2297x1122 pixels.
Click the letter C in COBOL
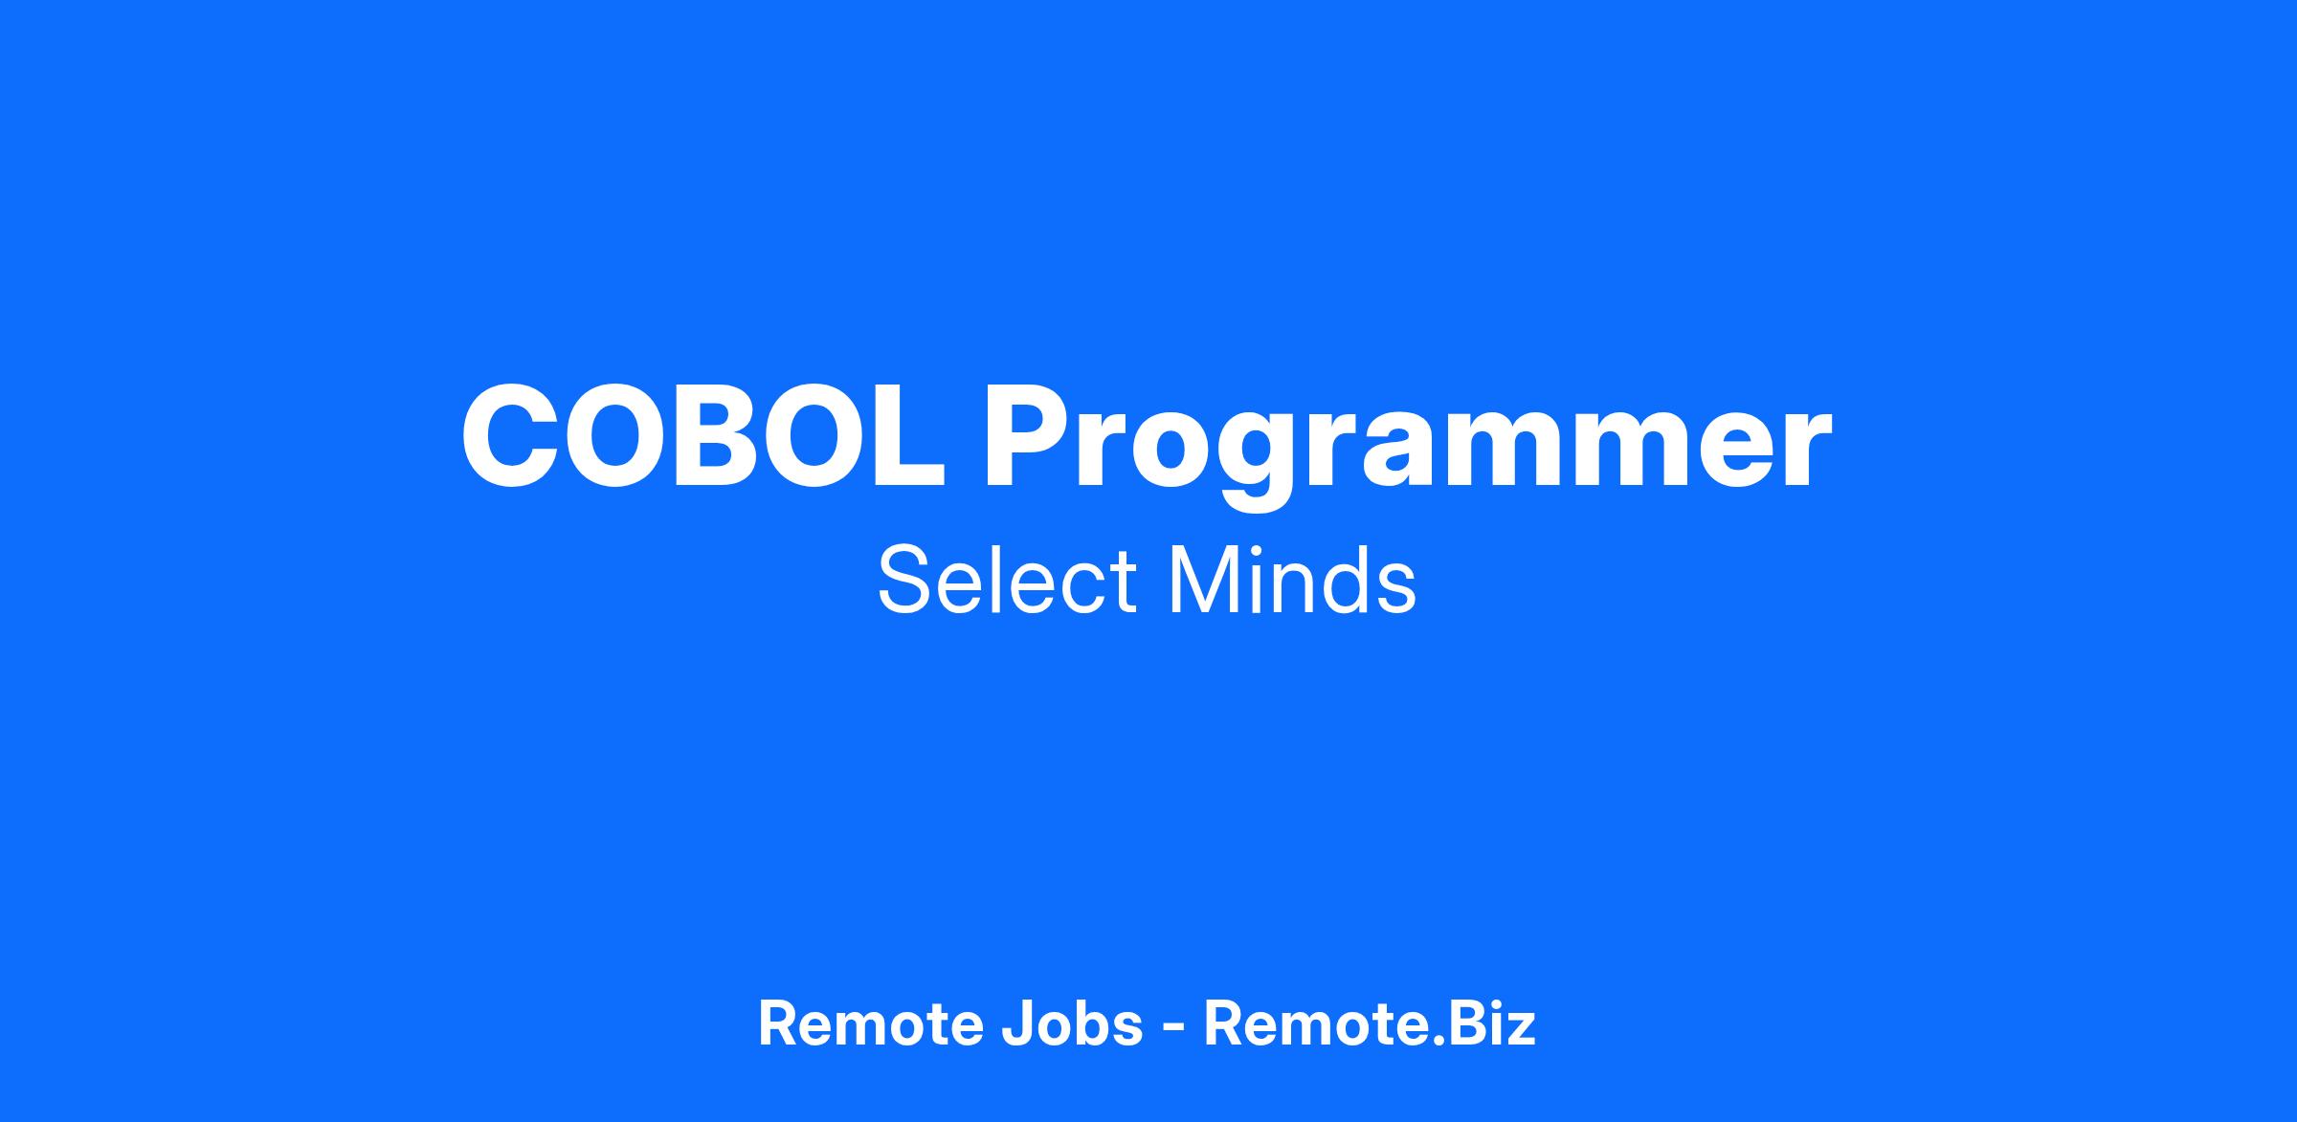click(x=512, y=436)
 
